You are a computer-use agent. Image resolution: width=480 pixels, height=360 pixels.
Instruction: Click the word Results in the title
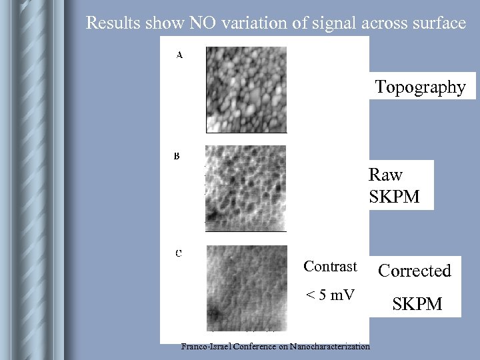pos(113,23)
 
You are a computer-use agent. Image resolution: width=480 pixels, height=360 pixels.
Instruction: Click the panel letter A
pos(179,55)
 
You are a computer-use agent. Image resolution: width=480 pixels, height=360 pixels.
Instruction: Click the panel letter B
pos(177,157)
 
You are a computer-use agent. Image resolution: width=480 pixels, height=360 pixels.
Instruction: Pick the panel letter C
pos(179,253)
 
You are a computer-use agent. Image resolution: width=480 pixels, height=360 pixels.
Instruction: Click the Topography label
pos(420,87)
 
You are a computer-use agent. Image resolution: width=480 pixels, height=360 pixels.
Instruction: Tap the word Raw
pos(385,175)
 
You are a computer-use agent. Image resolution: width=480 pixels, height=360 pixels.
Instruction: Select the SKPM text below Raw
pos(395,197)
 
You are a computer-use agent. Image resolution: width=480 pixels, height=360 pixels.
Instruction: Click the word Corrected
pos(415,270)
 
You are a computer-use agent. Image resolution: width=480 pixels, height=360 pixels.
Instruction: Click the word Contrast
pos(330,267)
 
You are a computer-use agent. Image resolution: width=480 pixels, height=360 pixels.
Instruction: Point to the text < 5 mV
pos(330,295)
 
